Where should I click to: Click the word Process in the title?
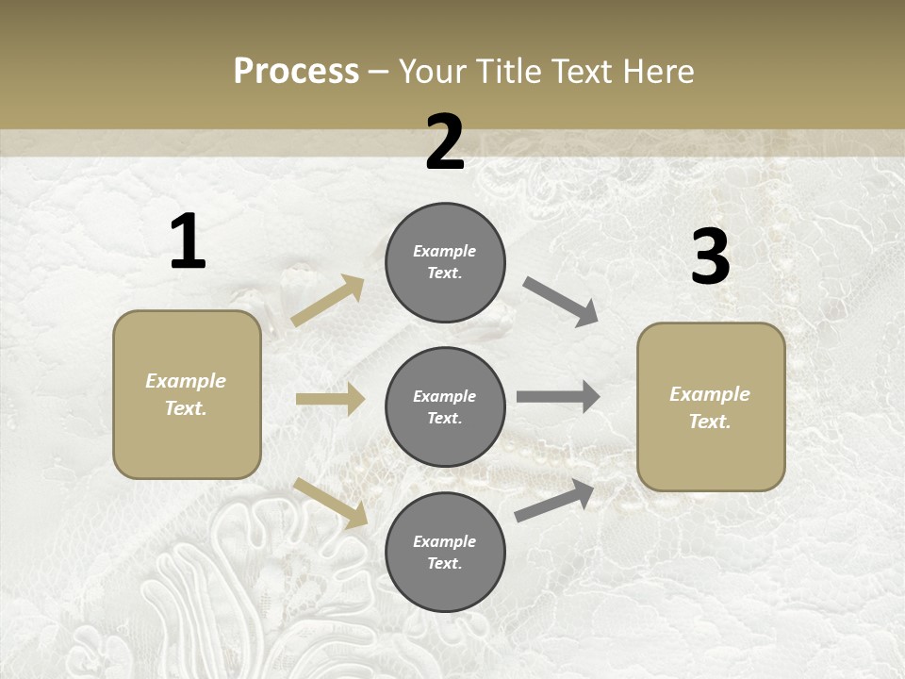296,72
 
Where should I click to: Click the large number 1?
188,242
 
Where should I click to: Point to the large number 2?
445,142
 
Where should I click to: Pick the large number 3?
710,257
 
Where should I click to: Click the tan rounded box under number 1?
187,394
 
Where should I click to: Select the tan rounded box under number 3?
711,407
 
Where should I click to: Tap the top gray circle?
445,262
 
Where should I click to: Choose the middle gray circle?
445,406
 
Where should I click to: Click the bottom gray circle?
445,552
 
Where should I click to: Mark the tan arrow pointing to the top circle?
327,301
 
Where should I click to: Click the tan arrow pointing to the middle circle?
330,399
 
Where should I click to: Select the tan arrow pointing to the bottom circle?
330,503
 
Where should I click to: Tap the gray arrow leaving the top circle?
561,302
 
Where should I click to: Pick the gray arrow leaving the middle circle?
558,397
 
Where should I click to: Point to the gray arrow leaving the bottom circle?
554,501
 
